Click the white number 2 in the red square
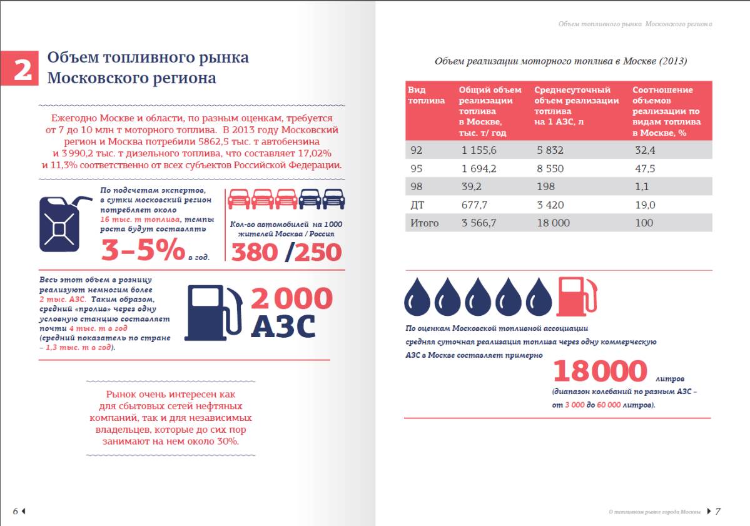click(22, 69)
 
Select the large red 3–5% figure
click(143, 250)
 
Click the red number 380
click(255, 252)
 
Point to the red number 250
click(318, 252)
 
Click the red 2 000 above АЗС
click(291, 298)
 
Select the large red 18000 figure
click(599, 371)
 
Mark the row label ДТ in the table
click(417, 205)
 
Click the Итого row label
click(424, 223)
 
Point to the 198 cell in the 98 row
click(546, 187)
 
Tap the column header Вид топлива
click(426, 95)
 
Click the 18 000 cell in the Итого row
click(553, 223)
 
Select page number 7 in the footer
click(718, 511)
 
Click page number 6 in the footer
click(15, 511)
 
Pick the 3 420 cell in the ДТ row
click(550, 205)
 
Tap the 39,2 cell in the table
click(471, 187)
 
